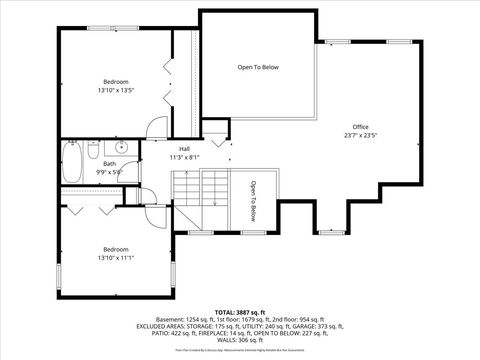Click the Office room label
(x=360, y=127)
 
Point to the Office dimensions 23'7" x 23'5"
(x=360, y=135)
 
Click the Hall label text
(x=184, y=149)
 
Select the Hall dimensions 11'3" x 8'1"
(x=184, y=157)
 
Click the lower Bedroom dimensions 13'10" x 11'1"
(x=116, y=257)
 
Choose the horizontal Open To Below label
(x=257, y=67)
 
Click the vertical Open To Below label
(x=253, y=201)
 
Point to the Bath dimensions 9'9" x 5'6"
(x=109, y=172)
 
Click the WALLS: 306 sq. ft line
(x=239, y=341)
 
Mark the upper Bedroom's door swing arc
(x=155, y=127)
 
